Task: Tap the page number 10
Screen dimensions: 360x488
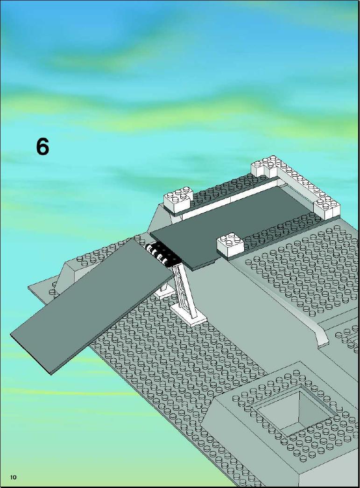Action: click(x=13, y=477)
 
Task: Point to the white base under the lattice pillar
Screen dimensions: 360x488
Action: click(x=189, y=314)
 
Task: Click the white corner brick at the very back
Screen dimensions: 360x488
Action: click(x=266, y=165)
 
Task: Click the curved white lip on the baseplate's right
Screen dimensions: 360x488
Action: click(x=322, y=335)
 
